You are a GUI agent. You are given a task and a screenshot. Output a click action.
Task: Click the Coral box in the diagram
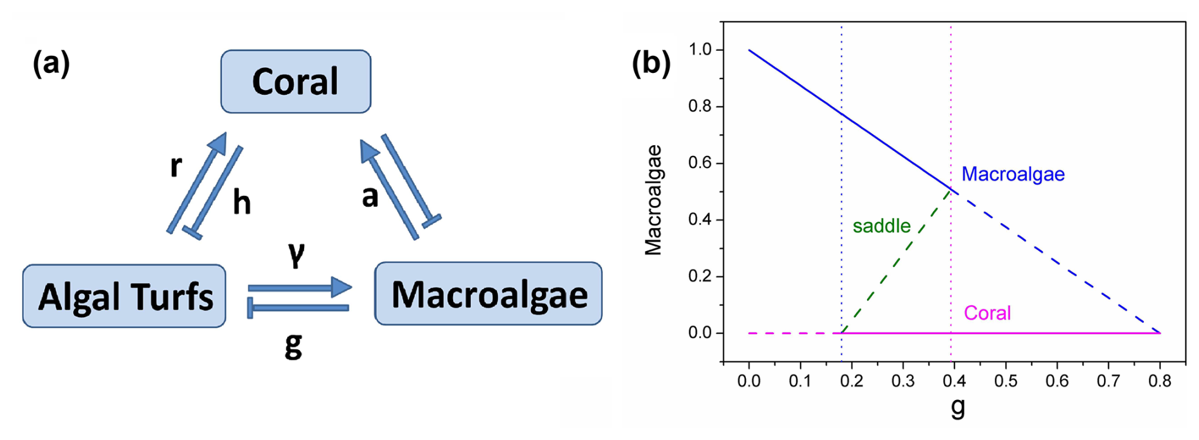pyautogui.click(x=295, y=82)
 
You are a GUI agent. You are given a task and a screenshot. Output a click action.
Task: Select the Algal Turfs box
pyautogui.click(x=124, y=296)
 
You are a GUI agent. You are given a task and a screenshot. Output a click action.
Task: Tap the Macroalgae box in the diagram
pyautogui.click(x=488, y=294)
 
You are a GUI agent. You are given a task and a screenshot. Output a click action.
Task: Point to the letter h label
pyautogui.click(x=241, y=203)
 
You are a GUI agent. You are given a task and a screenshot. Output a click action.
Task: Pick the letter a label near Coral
pyautogui.click(x=369, y=197)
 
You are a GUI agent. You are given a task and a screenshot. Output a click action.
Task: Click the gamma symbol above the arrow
pyautogui.click(x=296, y=254)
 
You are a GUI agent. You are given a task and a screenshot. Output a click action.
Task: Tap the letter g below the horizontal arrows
pyautogui.click(x=293, y=346)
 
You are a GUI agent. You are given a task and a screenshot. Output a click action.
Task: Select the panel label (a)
pyautogui.click(x=51, y=64)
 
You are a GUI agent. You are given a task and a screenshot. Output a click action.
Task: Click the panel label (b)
pyautogui.click(x=651, y=64)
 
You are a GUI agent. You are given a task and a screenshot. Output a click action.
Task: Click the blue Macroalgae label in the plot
pyautogui.click(x=1013, y=174)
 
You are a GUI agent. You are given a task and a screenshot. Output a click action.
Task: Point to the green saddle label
pyautogui.click(x=882, y=226)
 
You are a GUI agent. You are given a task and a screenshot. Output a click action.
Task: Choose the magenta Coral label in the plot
pyautogui.click(x=987, y=313)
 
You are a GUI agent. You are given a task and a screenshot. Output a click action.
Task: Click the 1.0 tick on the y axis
pyautogui.click(x=700, y=50)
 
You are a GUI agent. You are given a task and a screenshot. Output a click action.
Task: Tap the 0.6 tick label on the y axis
pyautogui.click(x=700, y=163)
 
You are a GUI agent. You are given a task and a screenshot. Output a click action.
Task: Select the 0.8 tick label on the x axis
pyautogui.click(x=1160, y=381)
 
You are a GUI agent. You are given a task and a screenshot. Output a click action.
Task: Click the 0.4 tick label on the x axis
pyautogui.click(x=954, y=381)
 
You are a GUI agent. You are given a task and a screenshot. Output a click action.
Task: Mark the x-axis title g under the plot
pyautogui.click(x=958, y=407)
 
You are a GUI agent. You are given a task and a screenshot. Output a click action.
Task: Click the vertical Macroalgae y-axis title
pyautogui.click(x=653, y=200)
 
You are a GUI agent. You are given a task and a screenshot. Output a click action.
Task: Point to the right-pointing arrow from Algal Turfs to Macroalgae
pyautogui.click(x=300, y=287)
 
